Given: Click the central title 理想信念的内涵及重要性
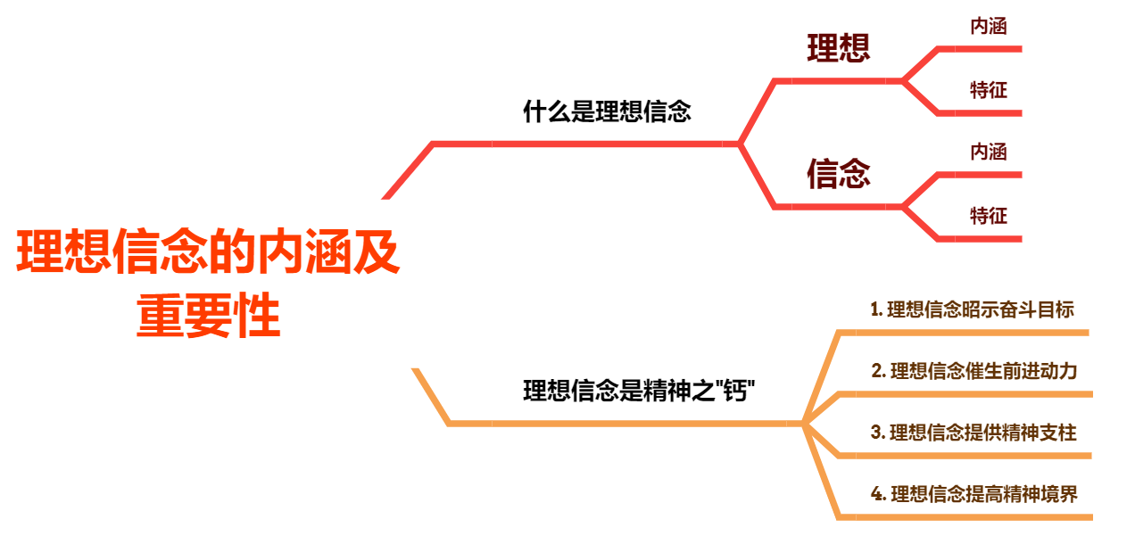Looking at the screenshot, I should [209, 254].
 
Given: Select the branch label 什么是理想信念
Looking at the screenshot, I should [607, 112].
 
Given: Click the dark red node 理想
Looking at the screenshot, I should [838, 48].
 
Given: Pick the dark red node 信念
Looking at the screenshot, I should [838, 174].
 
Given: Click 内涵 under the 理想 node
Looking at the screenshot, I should [989, 27].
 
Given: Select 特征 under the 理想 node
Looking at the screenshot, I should [989, 89].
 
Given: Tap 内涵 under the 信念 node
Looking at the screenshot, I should [989, 153].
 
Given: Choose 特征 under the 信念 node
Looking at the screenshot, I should [989, 215].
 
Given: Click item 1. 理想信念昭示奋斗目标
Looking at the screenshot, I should [972, 309].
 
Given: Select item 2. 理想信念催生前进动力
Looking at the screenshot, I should [974, 371].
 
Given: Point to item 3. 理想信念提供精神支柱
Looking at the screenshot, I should [973, 433].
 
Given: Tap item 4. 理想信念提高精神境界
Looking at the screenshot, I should [974, 493].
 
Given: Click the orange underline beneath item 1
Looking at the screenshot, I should [964, 333].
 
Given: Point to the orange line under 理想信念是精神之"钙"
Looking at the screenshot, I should [625, 423].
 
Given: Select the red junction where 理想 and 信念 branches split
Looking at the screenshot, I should [739, 143].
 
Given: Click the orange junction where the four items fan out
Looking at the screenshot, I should [804, 423].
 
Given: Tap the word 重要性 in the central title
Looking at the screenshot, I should [209, 317].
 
